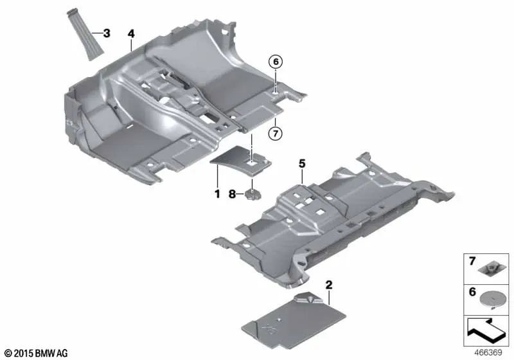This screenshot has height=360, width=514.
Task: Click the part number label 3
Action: (x=107, y=32)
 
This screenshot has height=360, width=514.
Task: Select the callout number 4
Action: (x=130, y=32)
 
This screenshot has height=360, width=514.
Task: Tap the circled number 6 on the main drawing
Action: (x=276, y=62)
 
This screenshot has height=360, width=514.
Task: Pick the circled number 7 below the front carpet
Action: (x=276, y=134)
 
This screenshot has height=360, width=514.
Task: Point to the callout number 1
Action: (x=217, y=193)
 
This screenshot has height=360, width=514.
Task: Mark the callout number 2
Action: (x=328, y=283)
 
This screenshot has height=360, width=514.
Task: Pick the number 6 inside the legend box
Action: (x=472, y=291)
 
